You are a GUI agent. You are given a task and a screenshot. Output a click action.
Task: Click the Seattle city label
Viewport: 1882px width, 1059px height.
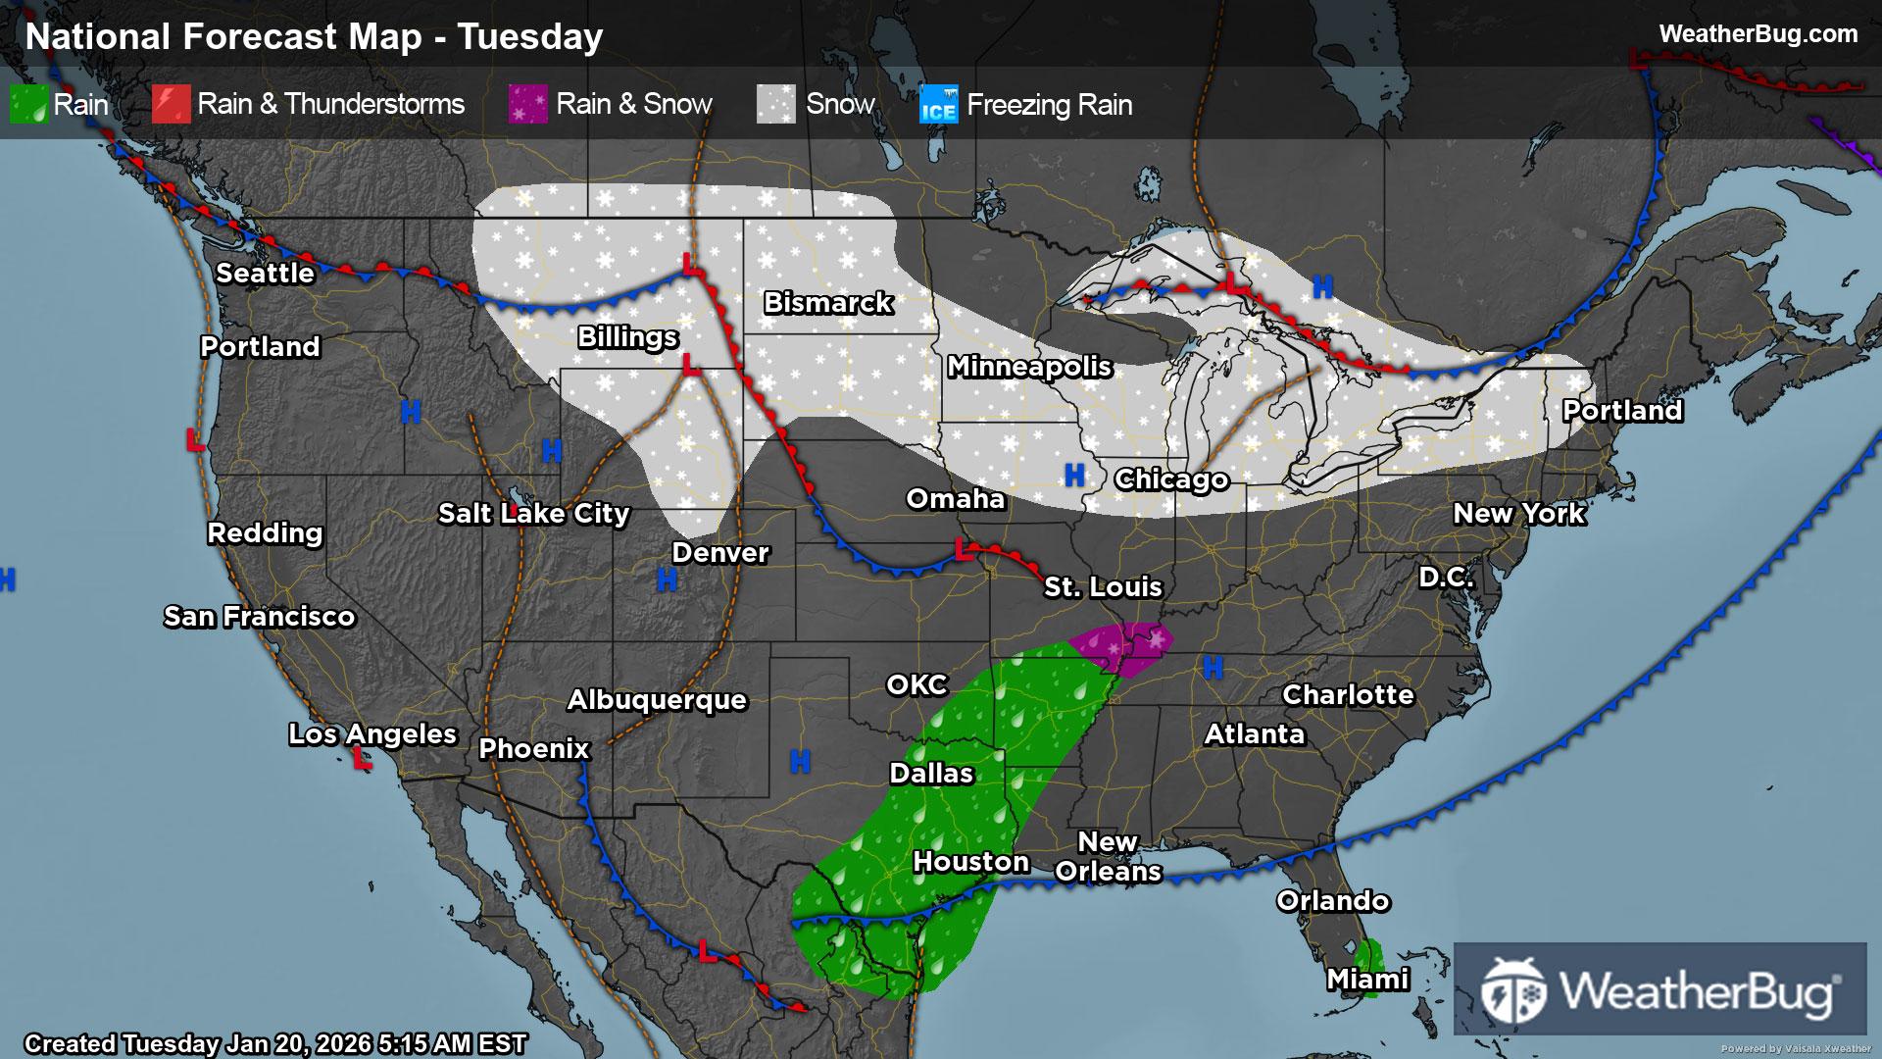point(265,274)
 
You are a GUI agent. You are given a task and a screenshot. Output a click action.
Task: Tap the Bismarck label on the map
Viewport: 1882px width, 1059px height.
point(828,303)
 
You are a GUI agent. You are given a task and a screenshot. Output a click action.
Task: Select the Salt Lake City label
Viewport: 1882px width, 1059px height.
point(533,514)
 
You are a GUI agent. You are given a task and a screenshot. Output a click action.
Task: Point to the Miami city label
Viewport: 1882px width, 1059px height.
point(1367,980)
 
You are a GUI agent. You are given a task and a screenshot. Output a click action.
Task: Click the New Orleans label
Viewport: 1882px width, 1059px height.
point(1108,857)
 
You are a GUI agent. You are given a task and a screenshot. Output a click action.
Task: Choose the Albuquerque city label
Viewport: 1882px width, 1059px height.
point(657,700)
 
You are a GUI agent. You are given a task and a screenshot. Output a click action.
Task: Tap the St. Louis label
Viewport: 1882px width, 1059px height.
point(1103,587)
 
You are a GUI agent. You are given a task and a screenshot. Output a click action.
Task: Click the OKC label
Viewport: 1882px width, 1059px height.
point(916,685)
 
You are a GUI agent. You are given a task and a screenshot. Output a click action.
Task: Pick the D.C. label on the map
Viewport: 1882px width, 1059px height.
point(1446,578)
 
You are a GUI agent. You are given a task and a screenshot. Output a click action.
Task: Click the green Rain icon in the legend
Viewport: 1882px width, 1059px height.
point(28,105)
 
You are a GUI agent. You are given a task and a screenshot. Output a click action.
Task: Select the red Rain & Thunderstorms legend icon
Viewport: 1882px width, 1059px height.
point(171,105)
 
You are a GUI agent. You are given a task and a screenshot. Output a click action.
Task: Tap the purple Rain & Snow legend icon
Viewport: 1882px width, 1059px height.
point(527,105)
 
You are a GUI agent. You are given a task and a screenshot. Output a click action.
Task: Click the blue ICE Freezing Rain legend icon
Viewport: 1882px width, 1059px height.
point(938,105)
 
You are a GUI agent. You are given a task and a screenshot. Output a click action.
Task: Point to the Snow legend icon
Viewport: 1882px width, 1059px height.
point(775,105)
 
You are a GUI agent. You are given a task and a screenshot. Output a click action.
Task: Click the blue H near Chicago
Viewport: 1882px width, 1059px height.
point(1074,476)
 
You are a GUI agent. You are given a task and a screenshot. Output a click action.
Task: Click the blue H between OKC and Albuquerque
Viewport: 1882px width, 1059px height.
point(800,761)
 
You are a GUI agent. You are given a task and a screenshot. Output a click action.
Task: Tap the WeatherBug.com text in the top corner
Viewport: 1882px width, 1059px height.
point(1758,34)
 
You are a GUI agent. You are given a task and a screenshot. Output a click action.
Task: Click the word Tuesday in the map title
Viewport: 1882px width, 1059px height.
point(530,37)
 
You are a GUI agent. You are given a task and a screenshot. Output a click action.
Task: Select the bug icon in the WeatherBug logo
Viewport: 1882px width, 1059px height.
point(1513,990)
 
